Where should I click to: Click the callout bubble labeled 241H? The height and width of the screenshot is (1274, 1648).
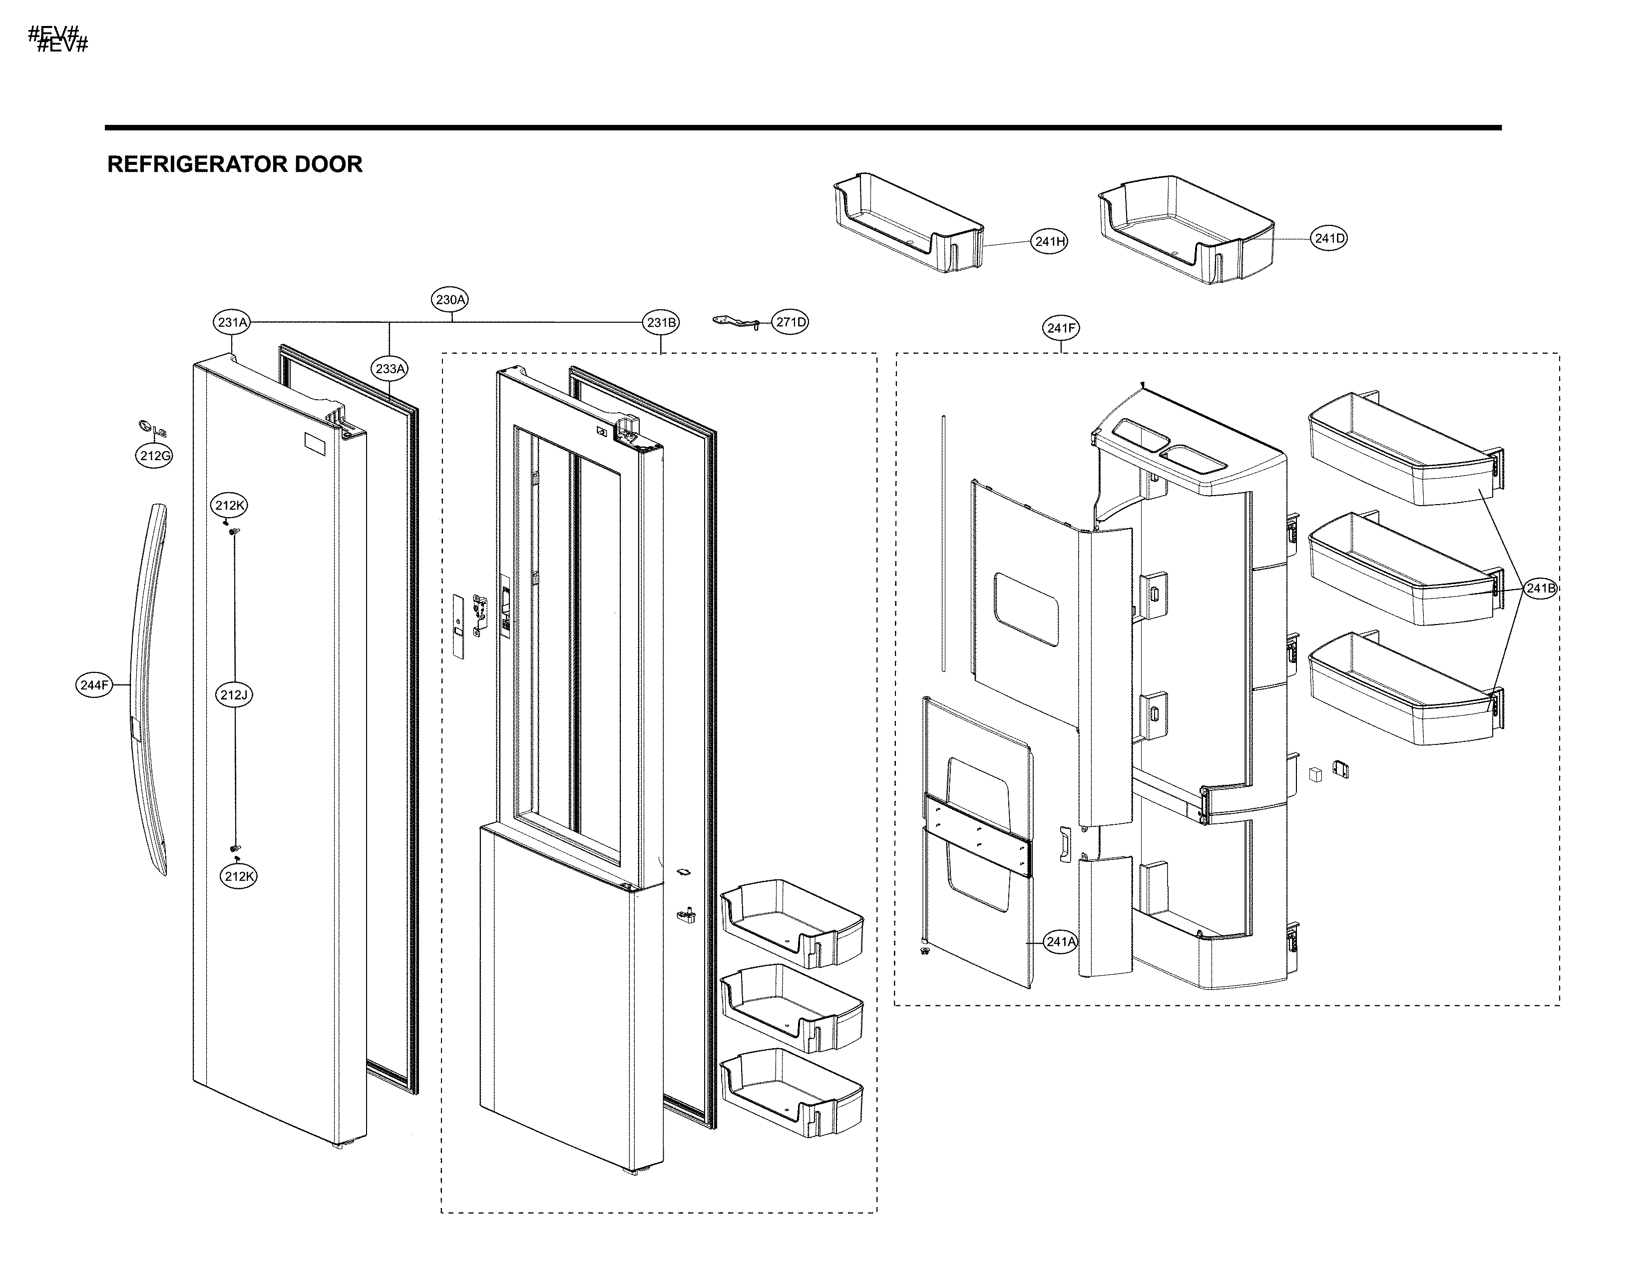click(x=1049, y=241)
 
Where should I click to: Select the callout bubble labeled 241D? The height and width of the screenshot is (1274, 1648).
click(x=1329, y=238)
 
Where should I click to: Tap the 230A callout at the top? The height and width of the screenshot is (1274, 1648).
click(x=450, y=300)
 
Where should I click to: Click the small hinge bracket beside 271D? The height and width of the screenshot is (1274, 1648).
click(x=735, y=322)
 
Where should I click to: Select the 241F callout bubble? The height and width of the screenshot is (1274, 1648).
click(x=1061, y=328)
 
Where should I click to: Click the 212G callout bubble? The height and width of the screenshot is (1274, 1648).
click(x=155, y=456)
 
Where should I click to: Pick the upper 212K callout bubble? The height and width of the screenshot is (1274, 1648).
click(x=229, y=506)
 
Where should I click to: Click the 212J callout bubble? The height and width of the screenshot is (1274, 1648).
click(x=234, y=695)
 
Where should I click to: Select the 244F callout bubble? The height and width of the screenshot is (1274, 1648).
click(x=95, y=685)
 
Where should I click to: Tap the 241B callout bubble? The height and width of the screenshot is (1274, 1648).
click(x=1539, y=589)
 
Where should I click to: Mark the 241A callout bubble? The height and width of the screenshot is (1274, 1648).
click(x=1060, y=942)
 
